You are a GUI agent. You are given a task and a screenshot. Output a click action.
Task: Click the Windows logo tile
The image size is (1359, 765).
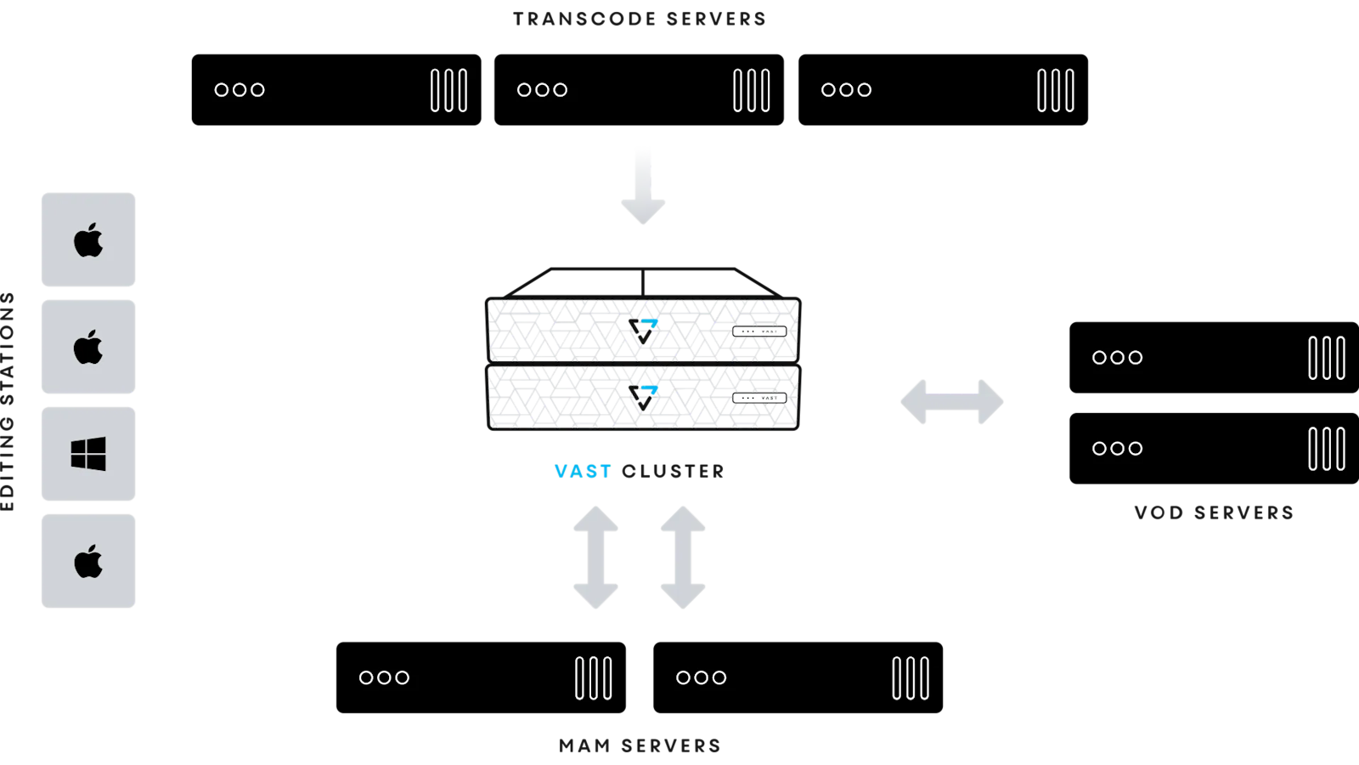tap(88, 454)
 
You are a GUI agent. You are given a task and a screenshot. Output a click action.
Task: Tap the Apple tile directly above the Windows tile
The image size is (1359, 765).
tap(88, 347)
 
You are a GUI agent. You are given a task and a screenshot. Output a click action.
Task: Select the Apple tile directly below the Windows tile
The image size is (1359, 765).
tap(88, 561)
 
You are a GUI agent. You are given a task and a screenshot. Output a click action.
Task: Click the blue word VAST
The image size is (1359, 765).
tap(583, 472)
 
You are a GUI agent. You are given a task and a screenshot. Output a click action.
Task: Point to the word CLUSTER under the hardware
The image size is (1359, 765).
tap(673, 472)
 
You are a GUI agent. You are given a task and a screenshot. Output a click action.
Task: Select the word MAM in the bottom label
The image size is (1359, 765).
tap(584, 746)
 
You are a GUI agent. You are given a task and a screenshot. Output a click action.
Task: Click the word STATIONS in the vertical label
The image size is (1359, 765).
tap(8, 348)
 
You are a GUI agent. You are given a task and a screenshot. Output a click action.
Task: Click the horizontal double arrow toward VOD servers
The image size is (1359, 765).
tap(952, 402)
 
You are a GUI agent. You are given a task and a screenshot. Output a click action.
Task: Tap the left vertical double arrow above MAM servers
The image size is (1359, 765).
tap(595, 558)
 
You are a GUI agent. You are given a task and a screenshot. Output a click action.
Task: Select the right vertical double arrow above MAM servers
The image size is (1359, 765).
tap(683, 558)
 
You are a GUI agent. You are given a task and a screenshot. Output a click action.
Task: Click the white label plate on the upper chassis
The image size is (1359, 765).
tap(759, 331)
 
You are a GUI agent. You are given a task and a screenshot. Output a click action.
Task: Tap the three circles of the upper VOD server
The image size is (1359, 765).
tap(1117, 358)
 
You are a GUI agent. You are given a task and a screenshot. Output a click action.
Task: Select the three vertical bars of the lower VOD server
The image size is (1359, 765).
tap(1327, 449)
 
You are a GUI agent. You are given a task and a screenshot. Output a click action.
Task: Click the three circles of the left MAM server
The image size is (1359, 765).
tap(384, 677)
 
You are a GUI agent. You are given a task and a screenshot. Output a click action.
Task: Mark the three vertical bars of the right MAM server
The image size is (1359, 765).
tap(911, 678)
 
